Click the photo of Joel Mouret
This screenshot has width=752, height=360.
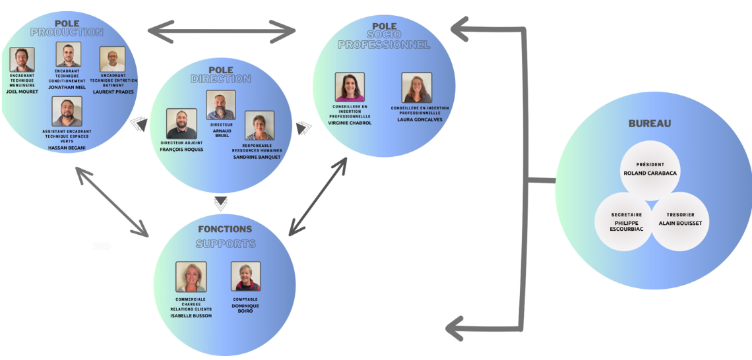(22, 60)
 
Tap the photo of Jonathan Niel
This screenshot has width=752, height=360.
(68, 55)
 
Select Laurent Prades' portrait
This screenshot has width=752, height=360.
(112, 59)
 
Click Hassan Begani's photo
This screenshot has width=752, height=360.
(67, 111)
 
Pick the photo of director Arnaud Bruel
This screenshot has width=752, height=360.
(220, 105)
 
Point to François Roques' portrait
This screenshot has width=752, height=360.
(181, 124)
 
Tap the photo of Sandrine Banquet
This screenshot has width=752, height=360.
(259, 126)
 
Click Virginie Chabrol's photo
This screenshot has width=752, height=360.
(350, 87)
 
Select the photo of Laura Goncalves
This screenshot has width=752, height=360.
(416, 88)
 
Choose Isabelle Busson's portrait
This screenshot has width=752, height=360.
(191, 277)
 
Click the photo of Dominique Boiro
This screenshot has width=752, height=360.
(245, 277)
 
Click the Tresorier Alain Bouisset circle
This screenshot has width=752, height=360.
(680, 222)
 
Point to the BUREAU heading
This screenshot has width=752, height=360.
(649, 123)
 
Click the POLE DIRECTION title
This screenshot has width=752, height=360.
(220, 75)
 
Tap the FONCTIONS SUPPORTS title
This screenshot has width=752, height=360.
(225, 236)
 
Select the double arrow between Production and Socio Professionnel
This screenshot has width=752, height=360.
(221, 30)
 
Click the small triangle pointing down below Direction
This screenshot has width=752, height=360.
(221, 201)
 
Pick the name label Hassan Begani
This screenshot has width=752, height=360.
(67, 148)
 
